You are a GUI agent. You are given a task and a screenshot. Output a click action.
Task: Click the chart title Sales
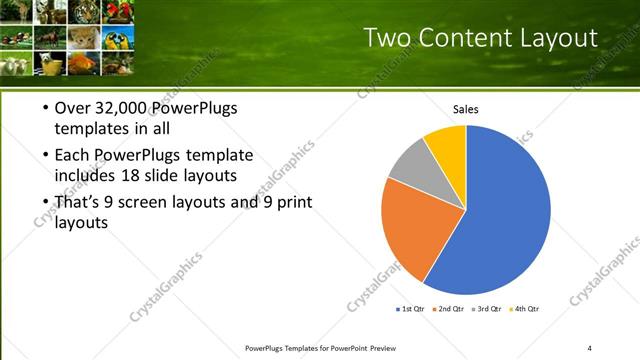[466, 109]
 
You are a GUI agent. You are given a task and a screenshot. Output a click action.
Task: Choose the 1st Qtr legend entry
[410, 309]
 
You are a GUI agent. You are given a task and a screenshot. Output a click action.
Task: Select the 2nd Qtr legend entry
[449, 309]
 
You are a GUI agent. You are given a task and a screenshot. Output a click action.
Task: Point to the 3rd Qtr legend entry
[488, 309]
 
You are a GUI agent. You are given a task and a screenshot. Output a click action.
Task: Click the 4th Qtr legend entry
[526, 309]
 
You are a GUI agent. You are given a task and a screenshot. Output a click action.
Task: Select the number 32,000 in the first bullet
[118, 108]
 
